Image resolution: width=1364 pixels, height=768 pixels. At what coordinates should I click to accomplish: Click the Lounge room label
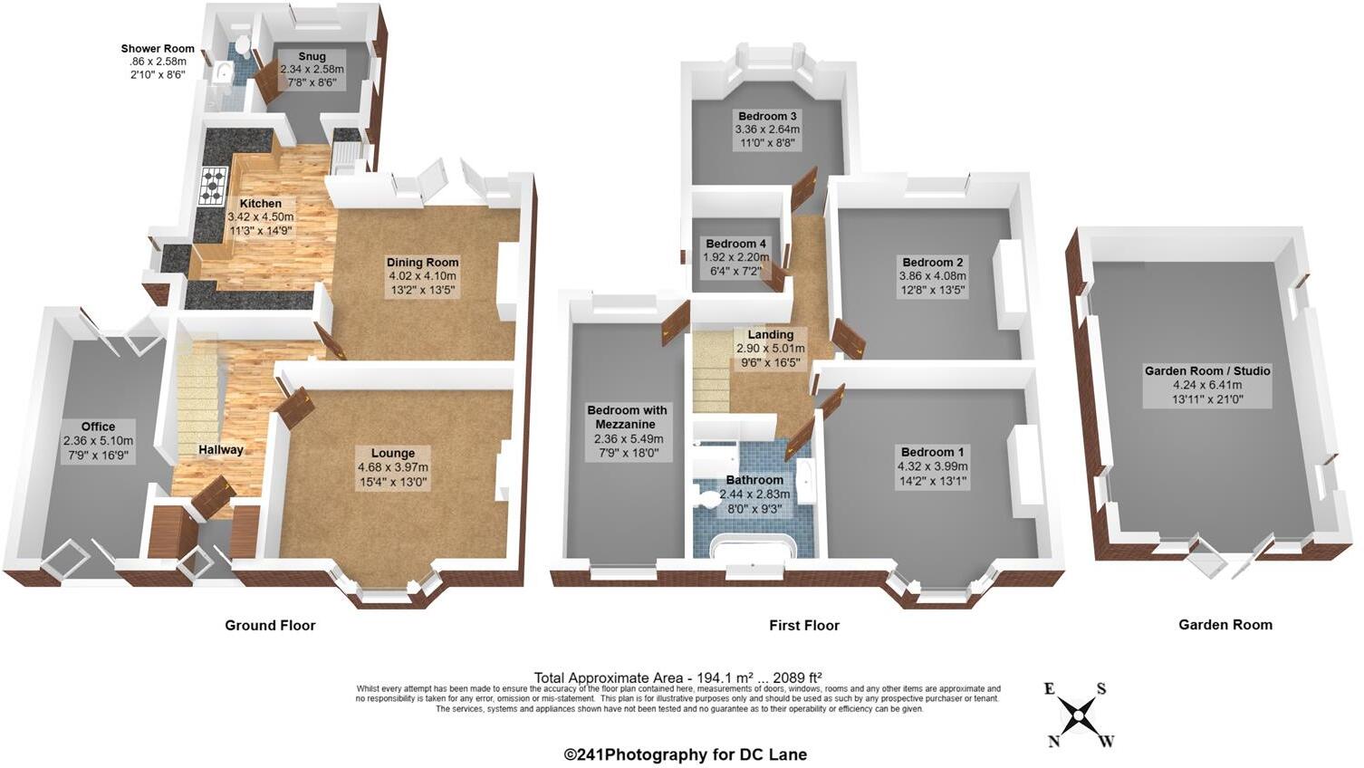[392, 453]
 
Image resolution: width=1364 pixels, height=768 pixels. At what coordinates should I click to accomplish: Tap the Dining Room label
[422, 263]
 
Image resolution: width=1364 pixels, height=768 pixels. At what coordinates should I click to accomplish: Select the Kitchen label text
[260, 204]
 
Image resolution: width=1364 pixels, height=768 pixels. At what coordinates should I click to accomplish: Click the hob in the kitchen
[214, 187]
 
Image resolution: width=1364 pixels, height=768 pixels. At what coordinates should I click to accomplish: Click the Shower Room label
[158, 49]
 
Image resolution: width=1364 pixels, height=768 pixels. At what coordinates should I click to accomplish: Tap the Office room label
[98, 427]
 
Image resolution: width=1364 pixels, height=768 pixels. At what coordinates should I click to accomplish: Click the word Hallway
[221, 449]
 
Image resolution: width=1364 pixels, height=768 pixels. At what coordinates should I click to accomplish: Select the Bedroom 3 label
[767, 116]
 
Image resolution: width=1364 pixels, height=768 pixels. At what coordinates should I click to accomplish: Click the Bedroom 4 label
[735, 244]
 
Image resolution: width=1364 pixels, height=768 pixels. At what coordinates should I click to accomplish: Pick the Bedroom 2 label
[932, 262]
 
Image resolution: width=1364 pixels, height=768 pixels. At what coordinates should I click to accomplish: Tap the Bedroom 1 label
[932, 452]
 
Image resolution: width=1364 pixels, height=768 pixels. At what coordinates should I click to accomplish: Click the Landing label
[770, 334]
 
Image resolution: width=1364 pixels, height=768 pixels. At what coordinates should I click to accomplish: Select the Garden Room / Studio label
[1206, 370]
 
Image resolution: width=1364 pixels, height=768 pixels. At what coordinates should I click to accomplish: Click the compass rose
[1079, 715]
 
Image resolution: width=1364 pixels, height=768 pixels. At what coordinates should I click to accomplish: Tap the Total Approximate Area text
[677, 677]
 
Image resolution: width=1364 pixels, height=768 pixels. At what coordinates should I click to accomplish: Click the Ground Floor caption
[270, 625]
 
